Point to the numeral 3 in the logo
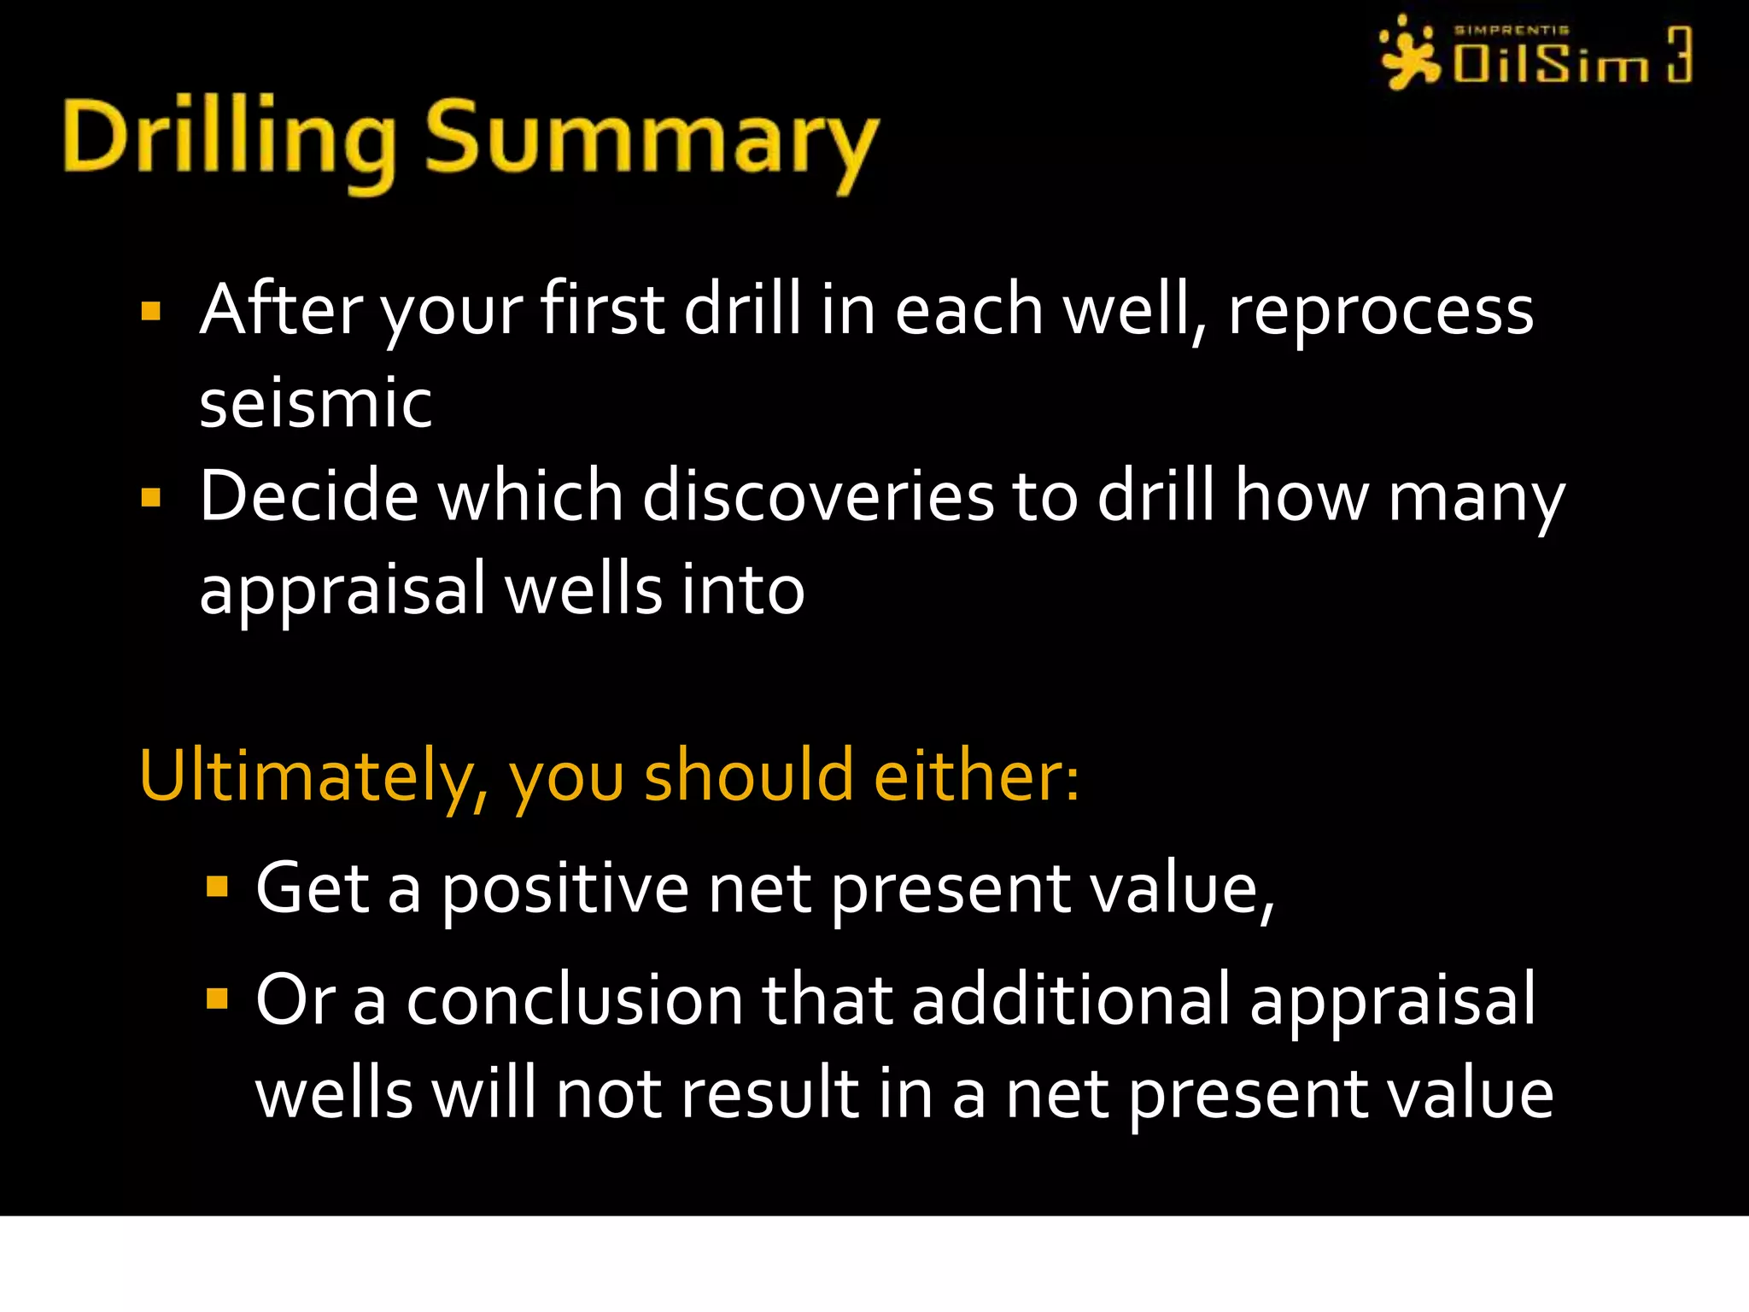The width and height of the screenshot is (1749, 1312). pyautogui.click(x=1678, y=55)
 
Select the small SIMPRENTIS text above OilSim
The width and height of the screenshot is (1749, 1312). pyautogui.click(x=1511, y=30)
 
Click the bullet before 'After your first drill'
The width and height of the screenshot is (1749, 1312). pyautogui.click(x=151, y=311)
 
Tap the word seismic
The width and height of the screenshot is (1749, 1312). pyautogui.click(x=315, y=403)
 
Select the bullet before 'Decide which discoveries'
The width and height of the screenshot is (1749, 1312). pyautogui.click(x=151, y=497)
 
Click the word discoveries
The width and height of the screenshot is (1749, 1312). pyautogui.click(x=817, y=497)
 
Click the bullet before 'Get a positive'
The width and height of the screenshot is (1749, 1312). pyautogui.click(x=218, y=887)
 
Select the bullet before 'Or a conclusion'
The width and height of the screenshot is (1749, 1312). pyautogui.click(x=218, y=998)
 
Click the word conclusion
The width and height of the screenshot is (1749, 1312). pyautogui.click(x=574, y=999)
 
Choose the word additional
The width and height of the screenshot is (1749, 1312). pyautogui.click(x=1071, y=999)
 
